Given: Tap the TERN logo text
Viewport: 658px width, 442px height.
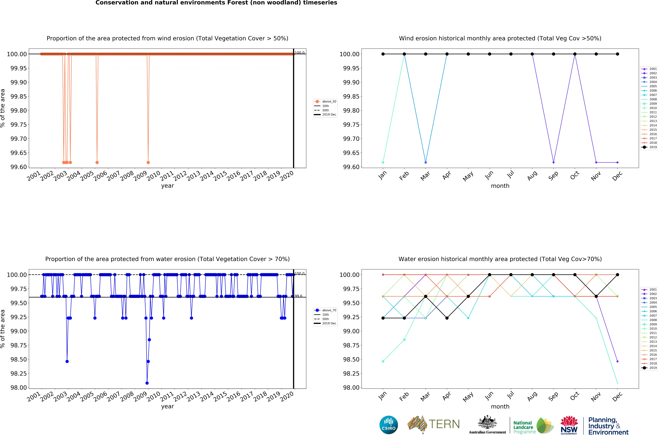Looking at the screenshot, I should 444,424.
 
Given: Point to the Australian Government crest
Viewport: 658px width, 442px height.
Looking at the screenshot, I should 487,423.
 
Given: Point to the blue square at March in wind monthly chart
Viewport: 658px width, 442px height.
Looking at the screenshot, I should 426,162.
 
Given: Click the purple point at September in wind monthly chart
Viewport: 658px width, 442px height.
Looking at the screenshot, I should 553,162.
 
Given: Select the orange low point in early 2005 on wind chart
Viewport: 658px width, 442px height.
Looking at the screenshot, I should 97,162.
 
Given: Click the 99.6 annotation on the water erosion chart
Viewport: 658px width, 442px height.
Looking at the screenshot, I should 298,296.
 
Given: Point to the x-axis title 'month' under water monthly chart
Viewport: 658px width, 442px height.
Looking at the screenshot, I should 500,407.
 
